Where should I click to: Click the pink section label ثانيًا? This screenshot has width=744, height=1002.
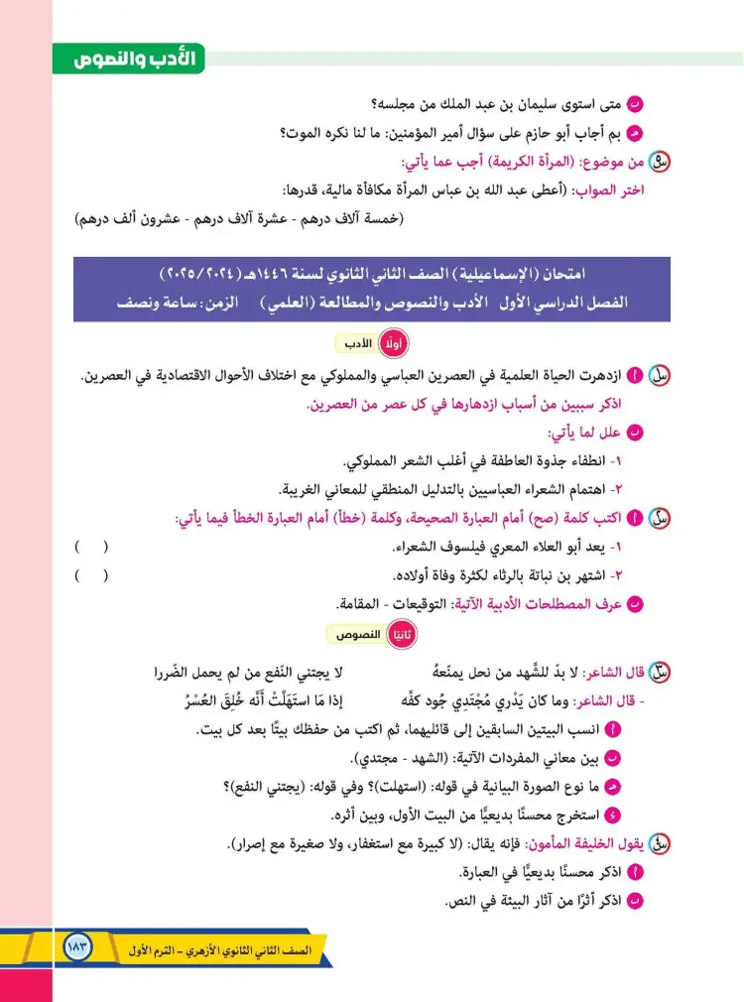(403, 634)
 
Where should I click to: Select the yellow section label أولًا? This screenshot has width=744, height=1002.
(397, 343)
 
